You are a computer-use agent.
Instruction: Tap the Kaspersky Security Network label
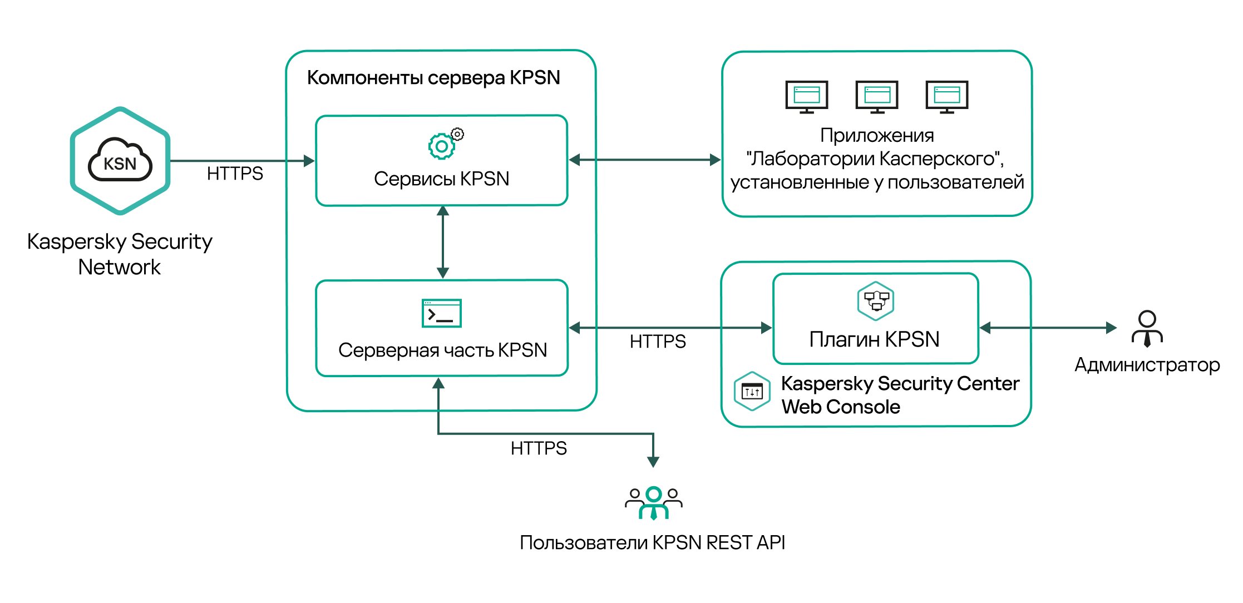(x=120, y=254)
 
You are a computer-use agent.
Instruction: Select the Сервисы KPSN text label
(x=441, y=179)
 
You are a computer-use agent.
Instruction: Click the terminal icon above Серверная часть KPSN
(x=442, y=313)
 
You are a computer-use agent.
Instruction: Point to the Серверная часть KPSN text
(x=442, y=350)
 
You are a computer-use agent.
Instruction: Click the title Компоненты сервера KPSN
(x=433, y=77)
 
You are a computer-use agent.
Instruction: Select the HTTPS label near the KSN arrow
(x=235, y=174)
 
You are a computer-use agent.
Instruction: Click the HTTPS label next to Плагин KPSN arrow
(x=658, y=341)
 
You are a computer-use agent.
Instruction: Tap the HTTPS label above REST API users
(x=539, y=448)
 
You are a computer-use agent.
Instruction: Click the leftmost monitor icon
(x=807, y=96)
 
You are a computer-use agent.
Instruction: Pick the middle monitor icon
(x=877, y=96)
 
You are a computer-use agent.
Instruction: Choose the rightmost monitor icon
(x=947, y=96)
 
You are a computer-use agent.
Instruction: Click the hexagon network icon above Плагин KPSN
(x=876, y=301)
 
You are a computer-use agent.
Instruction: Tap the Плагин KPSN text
(x=874, y=339)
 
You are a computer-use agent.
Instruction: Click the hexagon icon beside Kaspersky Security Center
(x=752, y=392)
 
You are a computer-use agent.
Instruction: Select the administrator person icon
(x=1147, y=329)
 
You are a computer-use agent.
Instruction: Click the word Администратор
(x=1147, y=365)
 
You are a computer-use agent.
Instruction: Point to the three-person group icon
(x=654, y=503)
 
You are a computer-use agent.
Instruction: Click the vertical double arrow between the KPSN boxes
(x=443, y=242)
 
